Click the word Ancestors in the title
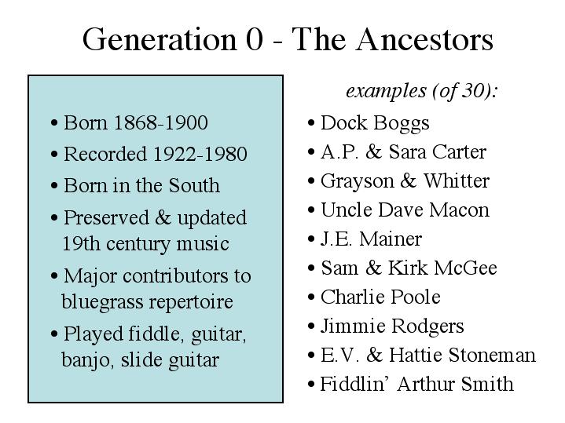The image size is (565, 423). click(x=425, y=39)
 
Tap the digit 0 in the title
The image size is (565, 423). click(x=255, y=39)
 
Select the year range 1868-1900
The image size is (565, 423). click(x=161, y=122)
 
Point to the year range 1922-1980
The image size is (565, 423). click(x=200, y=154)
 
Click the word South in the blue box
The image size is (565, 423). click(x=194, y=186)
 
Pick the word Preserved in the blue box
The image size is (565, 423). click(x=106, y=217)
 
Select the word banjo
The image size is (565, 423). click(x=86, y=360)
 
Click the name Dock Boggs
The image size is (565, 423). click(x=375, y=123)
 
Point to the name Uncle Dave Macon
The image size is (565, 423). click(x=405, y=210)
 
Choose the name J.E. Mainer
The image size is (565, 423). click(x=371, y=239)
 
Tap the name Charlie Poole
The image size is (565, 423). click(x=380, y=297)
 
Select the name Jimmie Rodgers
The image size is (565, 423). click(x=392, y=326)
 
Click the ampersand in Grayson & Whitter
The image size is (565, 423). click(x=409, y=181)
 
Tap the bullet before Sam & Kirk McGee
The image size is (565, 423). click(x=312, y=268)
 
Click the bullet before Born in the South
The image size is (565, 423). click(x=54, y=187)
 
